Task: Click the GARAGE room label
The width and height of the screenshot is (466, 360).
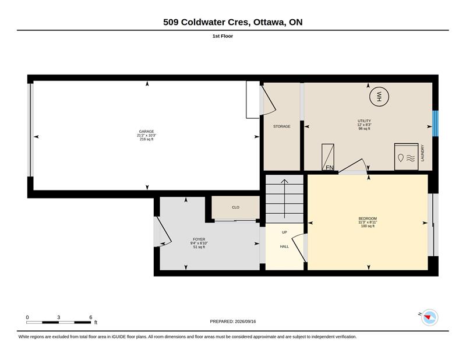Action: click(x=147, y=132)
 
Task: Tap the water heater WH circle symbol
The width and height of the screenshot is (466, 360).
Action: click(x=379, y=96)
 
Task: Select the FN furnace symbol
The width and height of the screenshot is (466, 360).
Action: click(x=328, y=157)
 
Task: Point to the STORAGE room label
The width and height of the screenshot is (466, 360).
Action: click(x=282, y=126)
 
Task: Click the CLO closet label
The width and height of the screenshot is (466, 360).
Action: click(x=235, y=207)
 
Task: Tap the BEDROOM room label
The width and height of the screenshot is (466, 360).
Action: click(x=368, y=218)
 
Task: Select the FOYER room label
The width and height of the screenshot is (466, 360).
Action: click(x=199, y=239)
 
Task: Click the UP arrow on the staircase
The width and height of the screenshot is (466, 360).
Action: click(x=284, y=199)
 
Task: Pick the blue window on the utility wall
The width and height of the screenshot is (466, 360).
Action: click(x=435, y=123)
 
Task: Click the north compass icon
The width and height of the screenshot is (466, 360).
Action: click(x=429, y=317)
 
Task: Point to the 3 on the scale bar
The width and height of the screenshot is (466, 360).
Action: click(x=59, y=317)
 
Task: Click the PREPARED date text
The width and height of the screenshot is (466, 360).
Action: click(x=232, y=322)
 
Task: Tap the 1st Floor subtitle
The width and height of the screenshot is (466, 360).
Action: click(x=223, y=36)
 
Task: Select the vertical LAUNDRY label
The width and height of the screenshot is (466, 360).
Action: click(x=422, y=153)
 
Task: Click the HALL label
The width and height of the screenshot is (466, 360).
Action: click(x=284, y=246)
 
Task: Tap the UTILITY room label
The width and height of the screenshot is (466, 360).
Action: click(x=364, y=121)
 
